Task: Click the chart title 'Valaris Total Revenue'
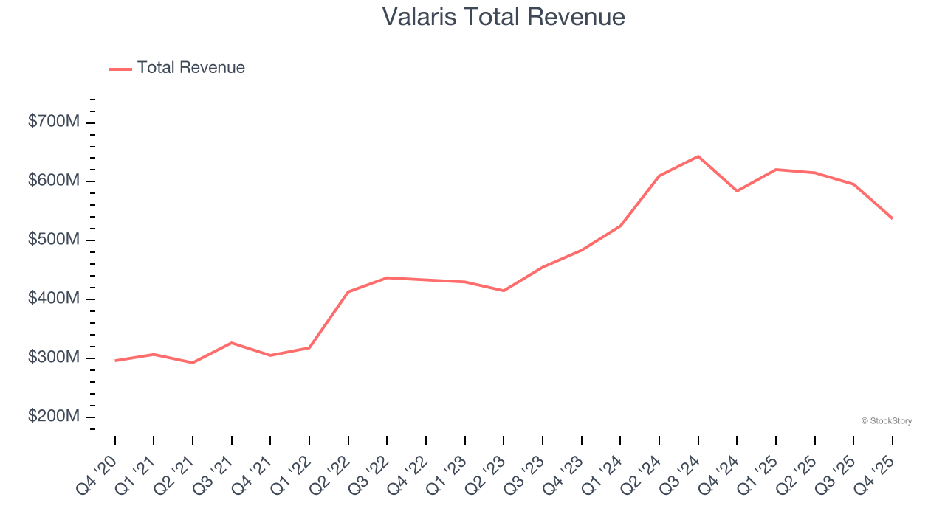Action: coord(504,17)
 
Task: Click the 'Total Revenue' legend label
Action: coord(190,68)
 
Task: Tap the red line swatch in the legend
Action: coord(120,69)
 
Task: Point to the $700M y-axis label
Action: coord(53,122)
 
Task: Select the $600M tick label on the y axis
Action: coord(53,181)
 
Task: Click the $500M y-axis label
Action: coord(53,240)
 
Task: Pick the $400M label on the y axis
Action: coord(53,299)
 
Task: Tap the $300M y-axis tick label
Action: coord(53,358)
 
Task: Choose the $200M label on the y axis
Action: coord(53,417)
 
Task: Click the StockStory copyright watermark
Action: coord(886,421)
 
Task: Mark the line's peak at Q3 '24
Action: coord(698,156)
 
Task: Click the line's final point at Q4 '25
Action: coord(892,218)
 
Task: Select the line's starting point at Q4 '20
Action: coord(115,361)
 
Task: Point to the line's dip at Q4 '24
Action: coord(737,191)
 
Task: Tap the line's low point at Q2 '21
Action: coord(193,363)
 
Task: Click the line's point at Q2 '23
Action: coord(504,291)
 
